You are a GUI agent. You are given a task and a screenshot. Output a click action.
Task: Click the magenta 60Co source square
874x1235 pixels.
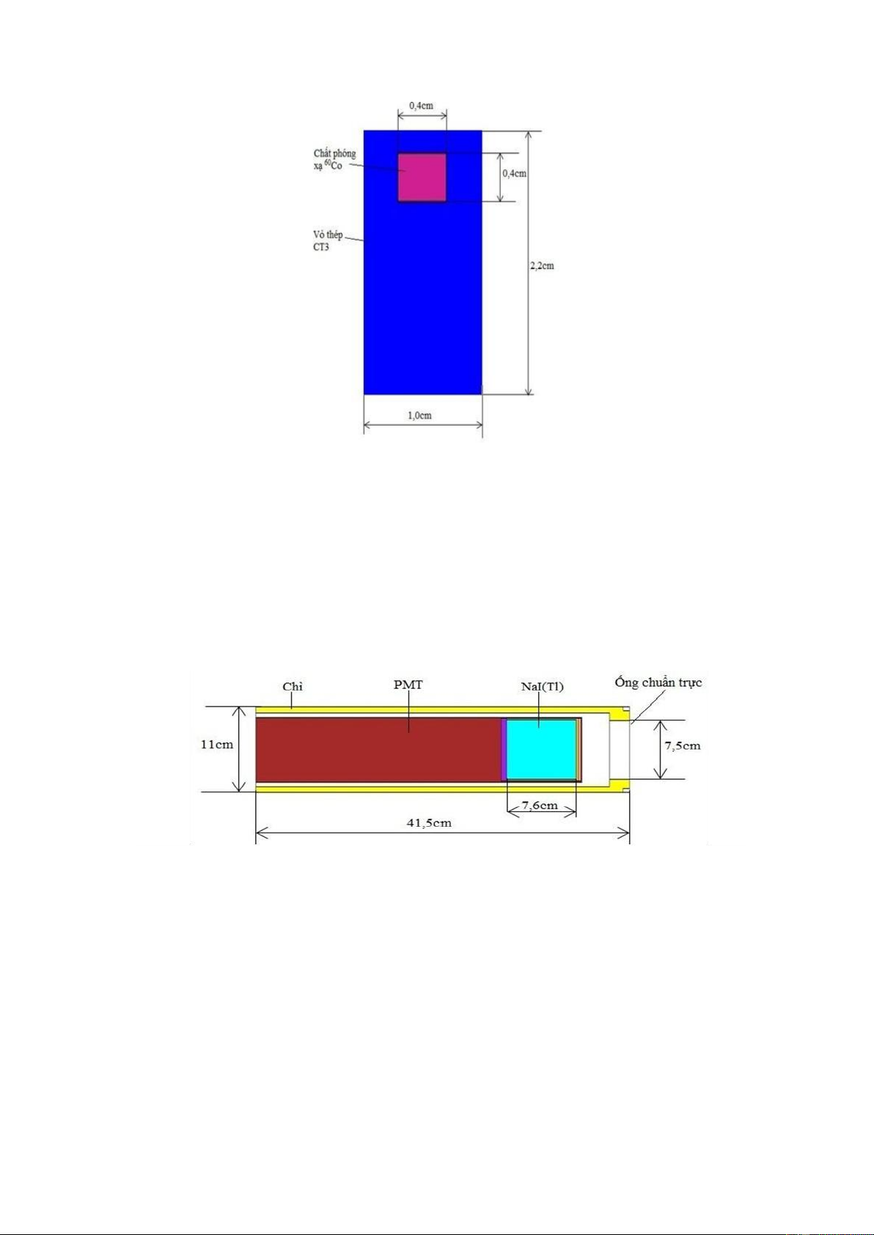(422, 177)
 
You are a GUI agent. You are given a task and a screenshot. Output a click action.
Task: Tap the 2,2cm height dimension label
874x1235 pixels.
(542, 266)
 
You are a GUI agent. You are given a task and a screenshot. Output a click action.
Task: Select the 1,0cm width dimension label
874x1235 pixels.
(419, 416)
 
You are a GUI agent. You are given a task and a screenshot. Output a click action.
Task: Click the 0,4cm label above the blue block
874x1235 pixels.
(421, 106)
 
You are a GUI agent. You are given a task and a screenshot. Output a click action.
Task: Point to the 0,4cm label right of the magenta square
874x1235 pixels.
(514, 173)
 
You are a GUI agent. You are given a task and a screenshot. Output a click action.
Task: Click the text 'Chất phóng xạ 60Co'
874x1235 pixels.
(334, 159)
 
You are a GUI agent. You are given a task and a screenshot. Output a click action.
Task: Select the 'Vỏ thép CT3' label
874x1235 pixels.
(328, 241)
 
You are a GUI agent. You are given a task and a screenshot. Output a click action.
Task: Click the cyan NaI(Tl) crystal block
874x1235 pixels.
(541, 750)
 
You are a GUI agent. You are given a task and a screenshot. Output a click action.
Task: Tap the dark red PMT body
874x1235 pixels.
(378, 750)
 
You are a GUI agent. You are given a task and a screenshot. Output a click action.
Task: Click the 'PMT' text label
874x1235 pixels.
(408, 685)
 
